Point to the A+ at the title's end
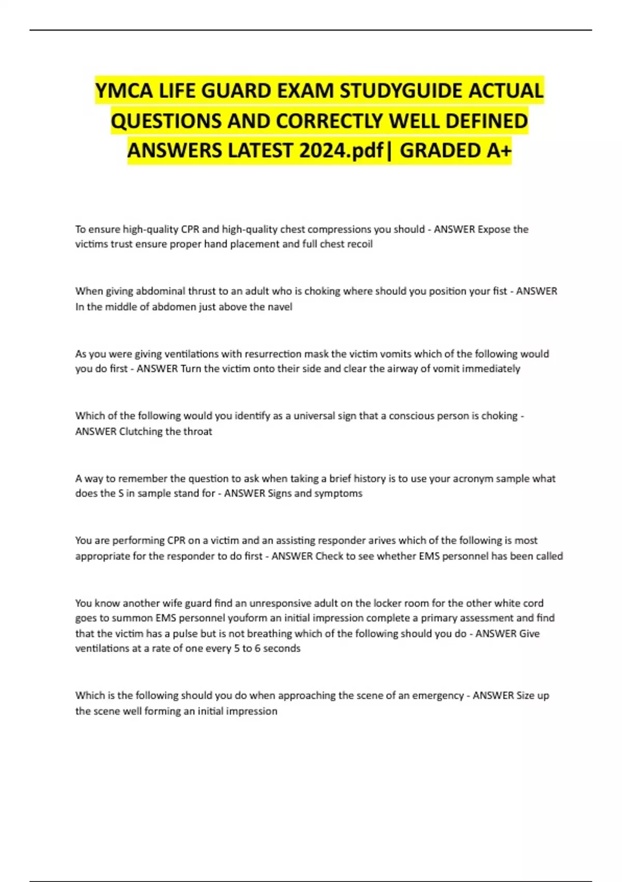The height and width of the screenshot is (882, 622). click(x=499, y=150)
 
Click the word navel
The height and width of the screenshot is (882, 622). click(x=280, y=307)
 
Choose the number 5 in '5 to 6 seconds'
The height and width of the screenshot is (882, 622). click(x=237, y=649)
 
